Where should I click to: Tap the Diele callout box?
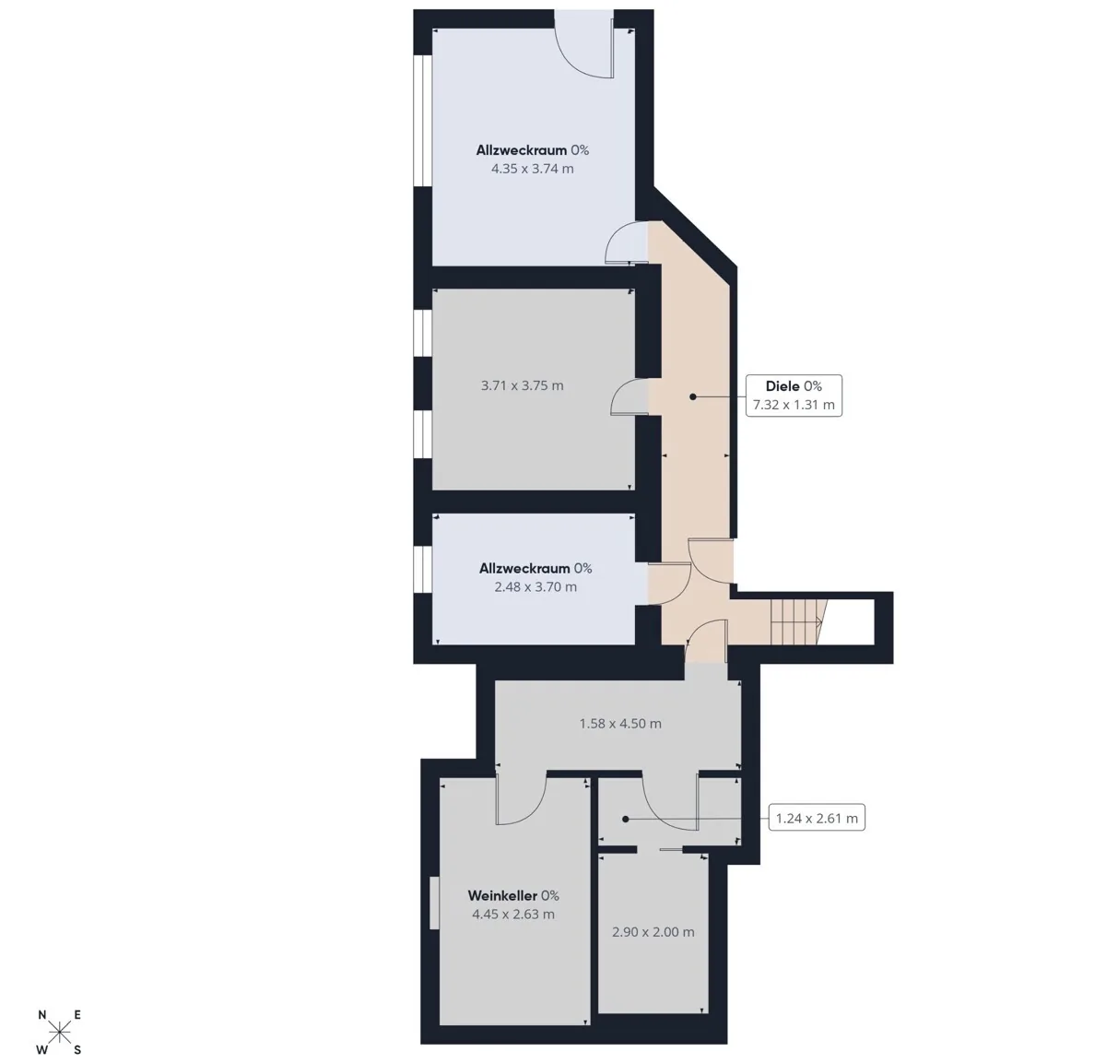click(794, 396)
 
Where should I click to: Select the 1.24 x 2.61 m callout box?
click(817, 818)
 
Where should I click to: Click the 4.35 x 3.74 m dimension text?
click(533, 169)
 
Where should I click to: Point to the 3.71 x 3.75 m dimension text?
click(523, 385)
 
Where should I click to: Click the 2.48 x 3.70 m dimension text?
click(535, 586)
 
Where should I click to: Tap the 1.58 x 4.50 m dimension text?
click(620, 724)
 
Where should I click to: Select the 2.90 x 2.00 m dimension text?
click(653, 932)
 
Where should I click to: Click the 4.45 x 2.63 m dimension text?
click(513, 914)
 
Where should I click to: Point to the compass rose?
click(59, 1030)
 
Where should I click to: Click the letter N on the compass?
click(42, 1015)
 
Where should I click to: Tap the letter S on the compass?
click(77, 1050)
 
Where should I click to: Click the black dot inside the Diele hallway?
click(693, 396)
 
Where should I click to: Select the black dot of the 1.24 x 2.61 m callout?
click(625, 819)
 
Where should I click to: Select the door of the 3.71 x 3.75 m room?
click(629, 396)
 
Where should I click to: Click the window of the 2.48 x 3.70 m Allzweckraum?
click(422, 570)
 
